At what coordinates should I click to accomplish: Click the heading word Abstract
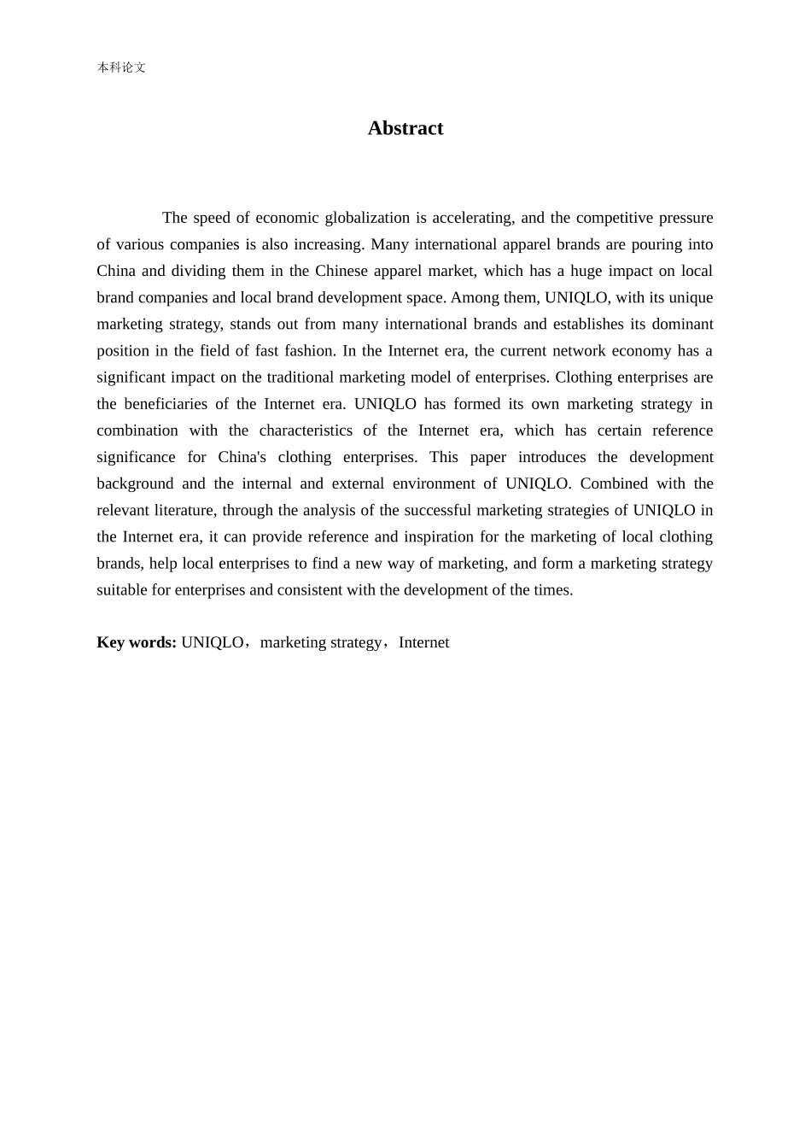point(405,128)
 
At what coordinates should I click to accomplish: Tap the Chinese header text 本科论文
point(121,67)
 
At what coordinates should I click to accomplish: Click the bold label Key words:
point(137,642)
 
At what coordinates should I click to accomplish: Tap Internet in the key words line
point(423,642)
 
